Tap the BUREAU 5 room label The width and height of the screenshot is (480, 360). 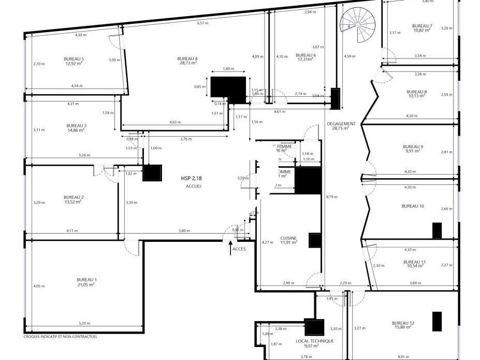74,59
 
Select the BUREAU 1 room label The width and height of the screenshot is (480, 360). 87,280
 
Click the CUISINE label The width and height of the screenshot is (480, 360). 288,238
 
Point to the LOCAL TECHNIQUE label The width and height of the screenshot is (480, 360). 314,341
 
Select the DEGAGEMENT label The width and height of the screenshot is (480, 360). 341,124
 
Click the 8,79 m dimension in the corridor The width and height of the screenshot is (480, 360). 330,197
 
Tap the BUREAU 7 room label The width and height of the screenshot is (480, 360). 422,26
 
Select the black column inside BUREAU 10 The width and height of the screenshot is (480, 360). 437,230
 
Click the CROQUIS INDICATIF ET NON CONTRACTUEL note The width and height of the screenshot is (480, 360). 60,337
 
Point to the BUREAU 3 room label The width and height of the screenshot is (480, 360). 76,125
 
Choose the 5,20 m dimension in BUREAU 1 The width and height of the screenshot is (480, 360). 83,323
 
